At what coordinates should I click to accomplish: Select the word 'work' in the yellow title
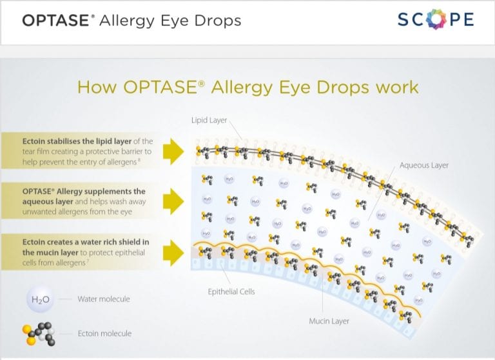coord(398,86)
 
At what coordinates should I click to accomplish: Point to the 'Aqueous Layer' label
coord(423,166)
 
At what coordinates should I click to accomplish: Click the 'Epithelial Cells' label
coord(231,292)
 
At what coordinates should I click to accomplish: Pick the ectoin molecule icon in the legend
coord(40,332)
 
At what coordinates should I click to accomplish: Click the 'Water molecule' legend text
coord(103,299)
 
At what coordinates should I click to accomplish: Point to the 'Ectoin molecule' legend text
coord(104,334)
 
